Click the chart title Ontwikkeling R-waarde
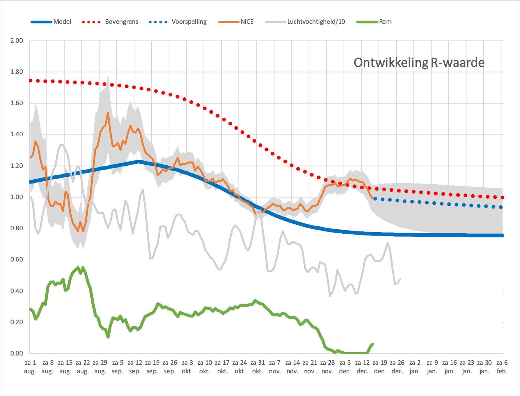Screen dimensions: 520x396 coord(419,63)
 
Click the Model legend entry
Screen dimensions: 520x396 coord(51,22)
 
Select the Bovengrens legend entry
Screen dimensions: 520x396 coord(110,22)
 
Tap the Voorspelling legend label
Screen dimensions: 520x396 coord(189,22)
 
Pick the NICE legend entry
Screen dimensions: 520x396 coord(236,22)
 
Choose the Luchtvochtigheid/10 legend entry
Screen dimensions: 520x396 coord(305,22)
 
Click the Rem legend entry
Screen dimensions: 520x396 coord(374,22)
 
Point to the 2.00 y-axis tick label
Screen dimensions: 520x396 coord(17,40)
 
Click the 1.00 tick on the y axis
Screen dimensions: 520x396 coord(17,197)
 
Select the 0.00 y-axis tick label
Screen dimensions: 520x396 coord(17,353)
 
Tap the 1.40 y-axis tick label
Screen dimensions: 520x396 coord(17,134)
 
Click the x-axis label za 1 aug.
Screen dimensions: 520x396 coord(30,367)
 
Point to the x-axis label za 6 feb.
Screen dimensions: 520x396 coord(502,367)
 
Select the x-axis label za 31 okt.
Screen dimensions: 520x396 coord(257,367)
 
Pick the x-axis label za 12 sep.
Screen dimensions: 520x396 coord(135,367)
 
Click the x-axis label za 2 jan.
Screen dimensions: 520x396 coord(415,367)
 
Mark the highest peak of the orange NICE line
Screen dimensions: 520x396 coord(108,113)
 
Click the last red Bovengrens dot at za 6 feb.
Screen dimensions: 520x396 coord(502,197)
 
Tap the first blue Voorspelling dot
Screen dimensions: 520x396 coord(375,199)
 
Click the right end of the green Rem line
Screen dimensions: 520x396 coord(373,344)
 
